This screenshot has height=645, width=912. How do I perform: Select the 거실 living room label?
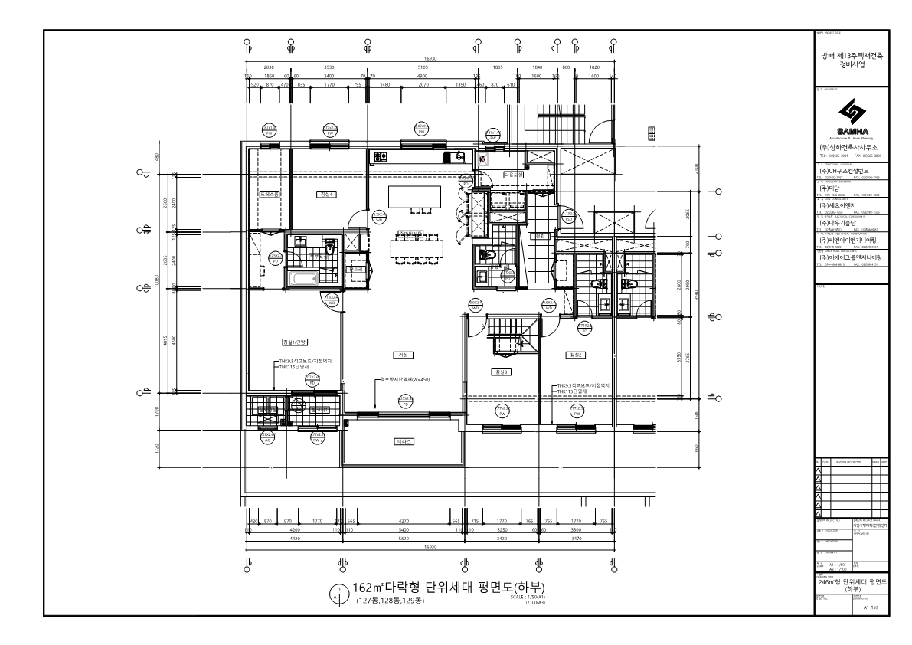click(403, 355)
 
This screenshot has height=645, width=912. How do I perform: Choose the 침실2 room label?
click(576, 355)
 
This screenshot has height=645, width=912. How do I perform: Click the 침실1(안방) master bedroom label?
click(294, 342)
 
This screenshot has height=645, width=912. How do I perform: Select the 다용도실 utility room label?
click(512, 175)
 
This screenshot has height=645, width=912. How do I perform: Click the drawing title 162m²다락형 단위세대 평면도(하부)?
click(452, 588)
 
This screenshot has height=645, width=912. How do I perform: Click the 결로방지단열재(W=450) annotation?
click(405, 379)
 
